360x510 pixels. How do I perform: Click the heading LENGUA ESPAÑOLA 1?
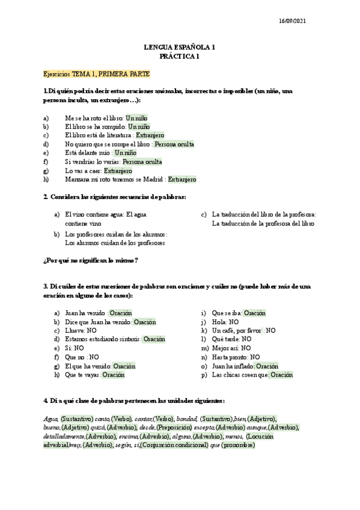pos(180,47)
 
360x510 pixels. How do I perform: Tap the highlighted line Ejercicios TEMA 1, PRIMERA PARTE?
pos(97,74)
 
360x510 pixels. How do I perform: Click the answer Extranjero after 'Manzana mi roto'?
pos(182,179)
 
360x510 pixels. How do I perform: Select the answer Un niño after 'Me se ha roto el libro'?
pos(136,118)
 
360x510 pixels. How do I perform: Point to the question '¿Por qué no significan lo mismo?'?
pos(90,260)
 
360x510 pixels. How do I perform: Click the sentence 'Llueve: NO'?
pos(81,330)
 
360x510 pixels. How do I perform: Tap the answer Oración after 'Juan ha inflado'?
pos(267,366)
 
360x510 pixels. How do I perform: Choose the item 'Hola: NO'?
pos(226,322)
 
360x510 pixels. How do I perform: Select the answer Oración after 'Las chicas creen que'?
pos(281,375)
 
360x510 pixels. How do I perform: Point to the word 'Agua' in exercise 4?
pos(50,419)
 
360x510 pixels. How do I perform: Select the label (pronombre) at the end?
pos(238,445)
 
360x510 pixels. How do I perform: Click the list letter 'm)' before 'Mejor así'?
pos(204,348)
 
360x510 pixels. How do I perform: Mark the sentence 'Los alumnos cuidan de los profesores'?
pos(114,243)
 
